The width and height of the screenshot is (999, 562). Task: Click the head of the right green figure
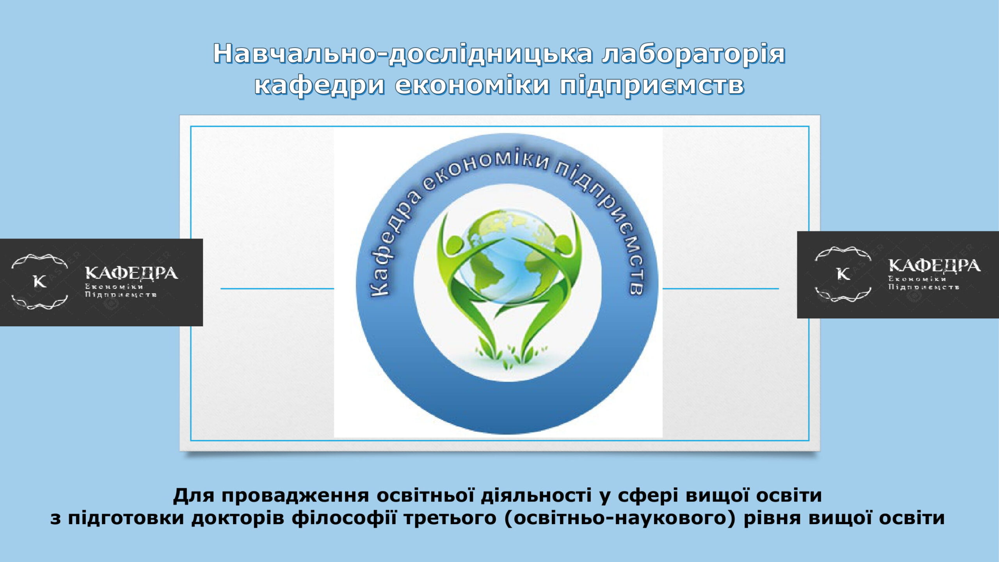click(563, 244)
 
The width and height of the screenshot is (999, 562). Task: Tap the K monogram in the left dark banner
click(40, 281)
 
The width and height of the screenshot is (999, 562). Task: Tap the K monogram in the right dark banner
click(843, 274)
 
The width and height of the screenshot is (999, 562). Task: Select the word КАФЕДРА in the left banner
click(132, 273)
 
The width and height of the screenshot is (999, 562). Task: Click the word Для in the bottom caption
click(194, 496)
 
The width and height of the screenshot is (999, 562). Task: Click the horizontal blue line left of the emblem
click(277, 289)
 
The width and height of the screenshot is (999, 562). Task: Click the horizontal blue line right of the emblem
click(721, 289)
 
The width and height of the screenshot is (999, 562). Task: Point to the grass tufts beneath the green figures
click(508, 355)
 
